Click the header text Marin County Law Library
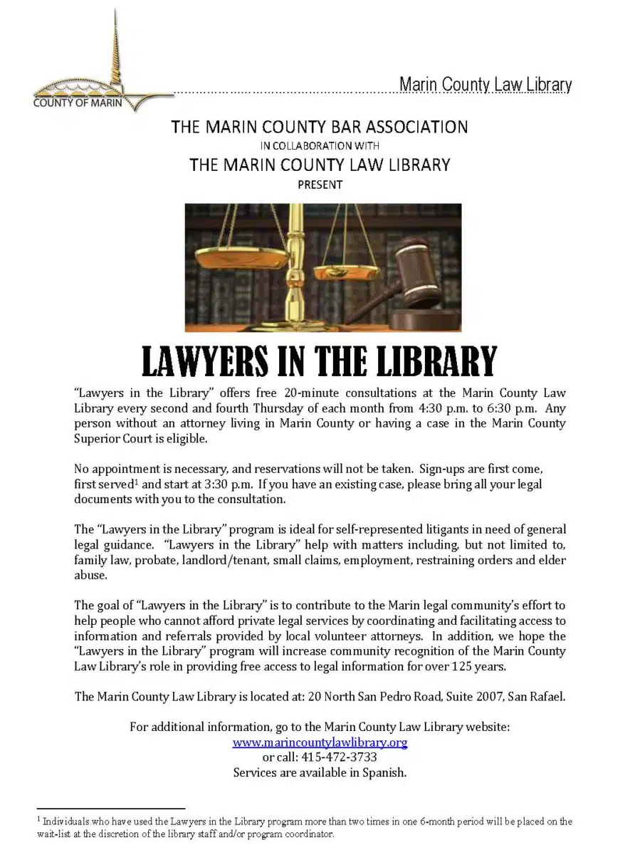(x=485, y=85)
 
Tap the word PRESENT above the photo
(x=320, y=185)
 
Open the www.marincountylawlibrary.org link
(x=320, y=742)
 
